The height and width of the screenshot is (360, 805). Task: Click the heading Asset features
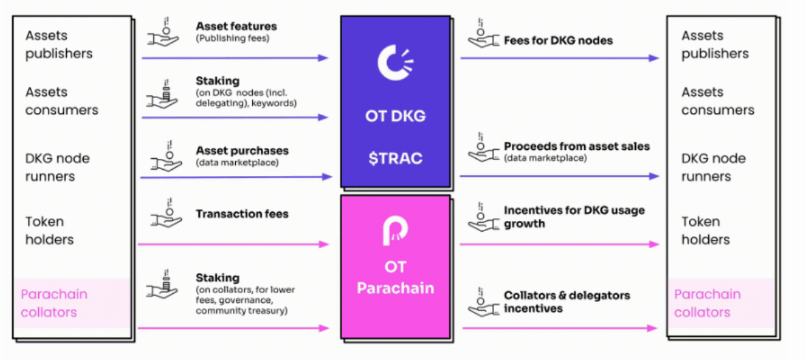pos(236,26)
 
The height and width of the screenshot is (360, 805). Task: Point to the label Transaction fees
pos(242,213)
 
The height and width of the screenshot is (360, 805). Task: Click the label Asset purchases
pos(242,151)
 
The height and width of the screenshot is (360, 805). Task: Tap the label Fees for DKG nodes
pos(558,40)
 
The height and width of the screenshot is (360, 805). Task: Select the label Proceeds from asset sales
pos(577,147)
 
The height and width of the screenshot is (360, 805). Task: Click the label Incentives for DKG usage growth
pos(574,217)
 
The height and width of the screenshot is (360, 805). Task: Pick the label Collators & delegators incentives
pos(567,301)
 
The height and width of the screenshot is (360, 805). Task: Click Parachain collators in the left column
pos(54,303)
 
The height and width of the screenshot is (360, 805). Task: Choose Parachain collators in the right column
pos(707,303)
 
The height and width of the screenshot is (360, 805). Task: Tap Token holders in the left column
pos(50,230)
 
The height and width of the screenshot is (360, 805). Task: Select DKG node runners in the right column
pos(714,168)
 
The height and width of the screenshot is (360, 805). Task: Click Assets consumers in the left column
pos(61,101)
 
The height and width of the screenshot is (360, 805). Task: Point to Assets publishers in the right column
pos(715,45)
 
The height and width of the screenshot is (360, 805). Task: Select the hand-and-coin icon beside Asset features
pos(164,32)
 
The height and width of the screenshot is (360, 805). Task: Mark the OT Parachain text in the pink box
pos(395,277)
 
